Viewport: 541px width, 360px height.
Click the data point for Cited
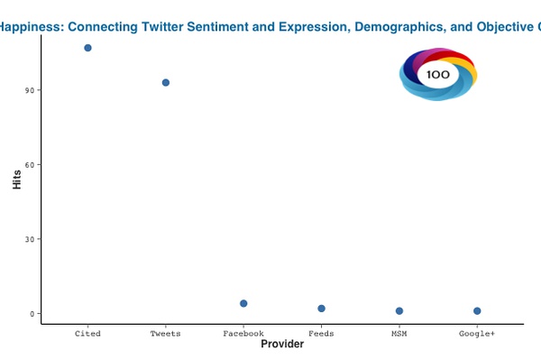click(x=87, y=48)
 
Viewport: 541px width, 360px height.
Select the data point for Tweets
click(x=166, y=83)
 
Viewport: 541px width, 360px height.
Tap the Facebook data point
click(x=243, y=304)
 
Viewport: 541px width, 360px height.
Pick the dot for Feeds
click(x=321, y=309)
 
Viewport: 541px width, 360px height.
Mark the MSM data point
click(x=399, y=311)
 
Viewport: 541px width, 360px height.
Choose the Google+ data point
click(x=477, y=311)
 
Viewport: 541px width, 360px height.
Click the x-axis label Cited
click(x=87, y=334)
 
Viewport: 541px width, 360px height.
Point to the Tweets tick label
click(x=166, y=334)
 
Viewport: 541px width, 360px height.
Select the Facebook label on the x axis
click(x=243, y=334)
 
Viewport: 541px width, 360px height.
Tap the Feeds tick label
click(x=321, y=334)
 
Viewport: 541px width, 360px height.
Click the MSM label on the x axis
click(x=399, y=334)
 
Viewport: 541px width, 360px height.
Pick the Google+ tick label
click(x=477, y=334)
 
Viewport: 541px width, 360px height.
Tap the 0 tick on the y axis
click(x=32, y=314)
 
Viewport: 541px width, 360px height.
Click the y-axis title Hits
click(x=16, y=179)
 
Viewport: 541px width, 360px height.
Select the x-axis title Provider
click(x=281, y=345)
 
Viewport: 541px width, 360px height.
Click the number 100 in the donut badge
click(x=438, y=75)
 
